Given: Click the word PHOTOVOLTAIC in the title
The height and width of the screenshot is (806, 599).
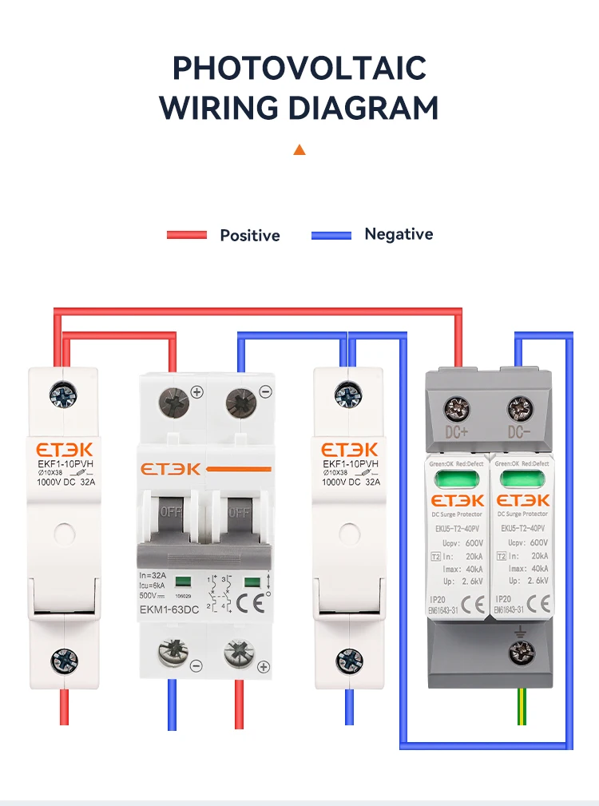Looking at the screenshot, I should pyautogui.click(x=299, y=69).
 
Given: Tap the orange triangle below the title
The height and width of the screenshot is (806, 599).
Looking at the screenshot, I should pyautogui.click(x=299, y=149).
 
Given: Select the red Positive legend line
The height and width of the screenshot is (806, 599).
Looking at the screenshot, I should pyautogui.click(x=187, y=235).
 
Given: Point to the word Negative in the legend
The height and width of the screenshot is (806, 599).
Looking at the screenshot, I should pyautogui.click(x=399, y=234).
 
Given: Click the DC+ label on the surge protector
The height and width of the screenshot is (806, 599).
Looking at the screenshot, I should pyautogui.click(x=458, y=434).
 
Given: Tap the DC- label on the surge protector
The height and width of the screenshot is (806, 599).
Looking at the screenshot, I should pyautogui.click(x=519, y=434).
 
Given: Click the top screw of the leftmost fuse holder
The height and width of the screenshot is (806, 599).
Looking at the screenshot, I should pyautogui.click(x=63, y=393).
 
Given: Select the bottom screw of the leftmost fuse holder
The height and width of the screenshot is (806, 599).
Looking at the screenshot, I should pyautogui.click(x=63, y=660).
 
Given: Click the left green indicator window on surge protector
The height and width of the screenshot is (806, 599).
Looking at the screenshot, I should pyautogui.click(x=457, y=479).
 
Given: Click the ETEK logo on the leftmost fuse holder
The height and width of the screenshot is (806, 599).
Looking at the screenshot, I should pyautogui.click(x=63, y=450).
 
